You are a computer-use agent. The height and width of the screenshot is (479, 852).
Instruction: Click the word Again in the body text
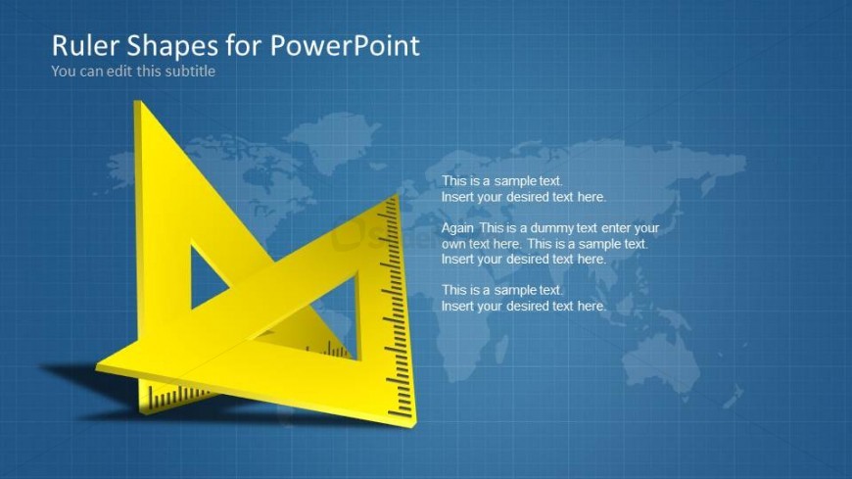(458, 228)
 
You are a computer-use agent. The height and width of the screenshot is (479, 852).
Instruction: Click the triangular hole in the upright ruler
(208, 276)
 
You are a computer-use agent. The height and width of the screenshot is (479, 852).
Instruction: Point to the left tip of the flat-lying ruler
(101, 367)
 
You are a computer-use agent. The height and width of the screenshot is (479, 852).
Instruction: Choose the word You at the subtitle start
(62, 71)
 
